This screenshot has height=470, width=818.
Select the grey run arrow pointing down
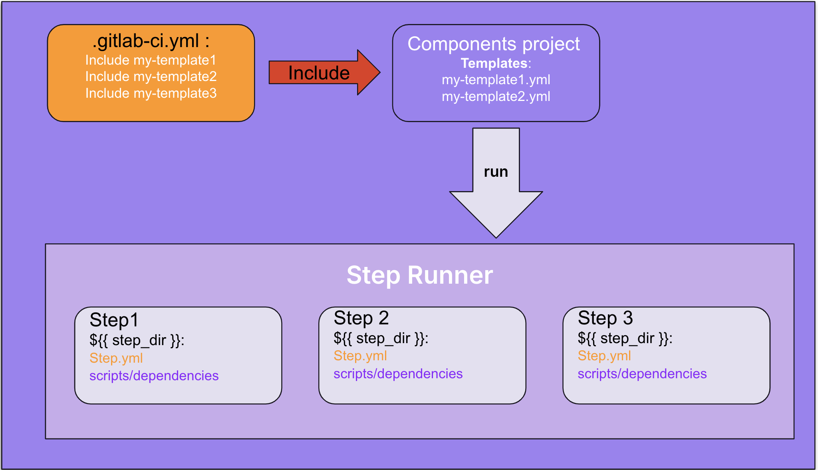(x=496, y=183)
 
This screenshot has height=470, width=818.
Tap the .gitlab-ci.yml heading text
(x=151, y=41)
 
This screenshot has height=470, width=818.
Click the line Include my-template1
(x=151, y=60)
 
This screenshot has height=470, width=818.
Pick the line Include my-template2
(x=151, y=77)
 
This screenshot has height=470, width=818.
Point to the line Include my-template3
(x=151, y=93)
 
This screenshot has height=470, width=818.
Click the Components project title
(x=494, y=44)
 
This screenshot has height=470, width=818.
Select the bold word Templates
(x=494, y=63)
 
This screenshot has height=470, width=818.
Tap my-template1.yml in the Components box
(x=496, y=80)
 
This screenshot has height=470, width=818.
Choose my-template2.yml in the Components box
(x=496, y=97)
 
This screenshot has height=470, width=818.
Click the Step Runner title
(x=420, y=275)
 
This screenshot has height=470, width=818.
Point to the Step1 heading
(x=114, y=320)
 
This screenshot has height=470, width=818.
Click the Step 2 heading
(x=361, y=318)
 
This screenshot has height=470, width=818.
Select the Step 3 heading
(x=606, y=318)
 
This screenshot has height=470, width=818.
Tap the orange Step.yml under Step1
(x=116, y=358)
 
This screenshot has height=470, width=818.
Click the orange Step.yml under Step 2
(x=360, y=356)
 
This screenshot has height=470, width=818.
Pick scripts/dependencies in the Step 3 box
(x=642, y=374)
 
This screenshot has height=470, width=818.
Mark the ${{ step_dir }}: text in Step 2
(x=381, y=338)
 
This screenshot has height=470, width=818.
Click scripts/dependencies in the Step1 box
(x=154, y=376)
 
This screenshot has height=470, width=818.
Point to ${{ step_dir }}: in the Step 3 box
(x=625, y=338)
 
